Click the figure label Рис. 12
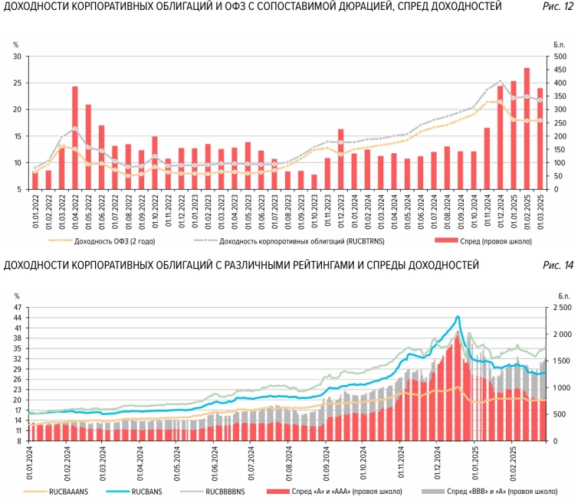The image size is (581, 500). (558, 7)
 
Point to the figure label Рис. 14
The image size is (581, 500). (558, 266)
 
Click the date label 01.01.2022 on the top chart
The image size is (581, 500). (35, 208)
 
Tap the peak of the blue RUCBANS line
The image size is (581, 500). (458, 317)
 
